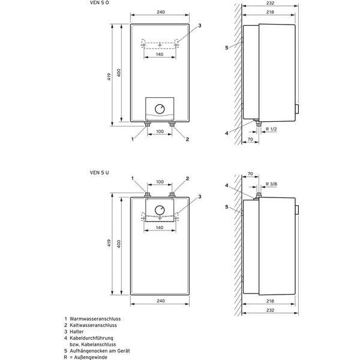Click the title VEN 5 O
point(99,4)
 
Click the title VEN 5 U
point(99,172)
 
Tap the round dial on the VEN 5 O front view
point(160,109)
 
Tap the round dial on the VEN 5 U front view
point(160,211)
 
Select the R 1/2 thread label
point(271,130)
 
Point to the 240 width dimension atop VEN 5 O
point(160,11)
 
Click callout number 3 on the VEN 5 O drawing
point(199,26)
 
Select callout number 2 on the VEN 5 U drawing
point(187,179)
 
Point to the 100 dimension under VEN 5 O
point(160,131)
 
